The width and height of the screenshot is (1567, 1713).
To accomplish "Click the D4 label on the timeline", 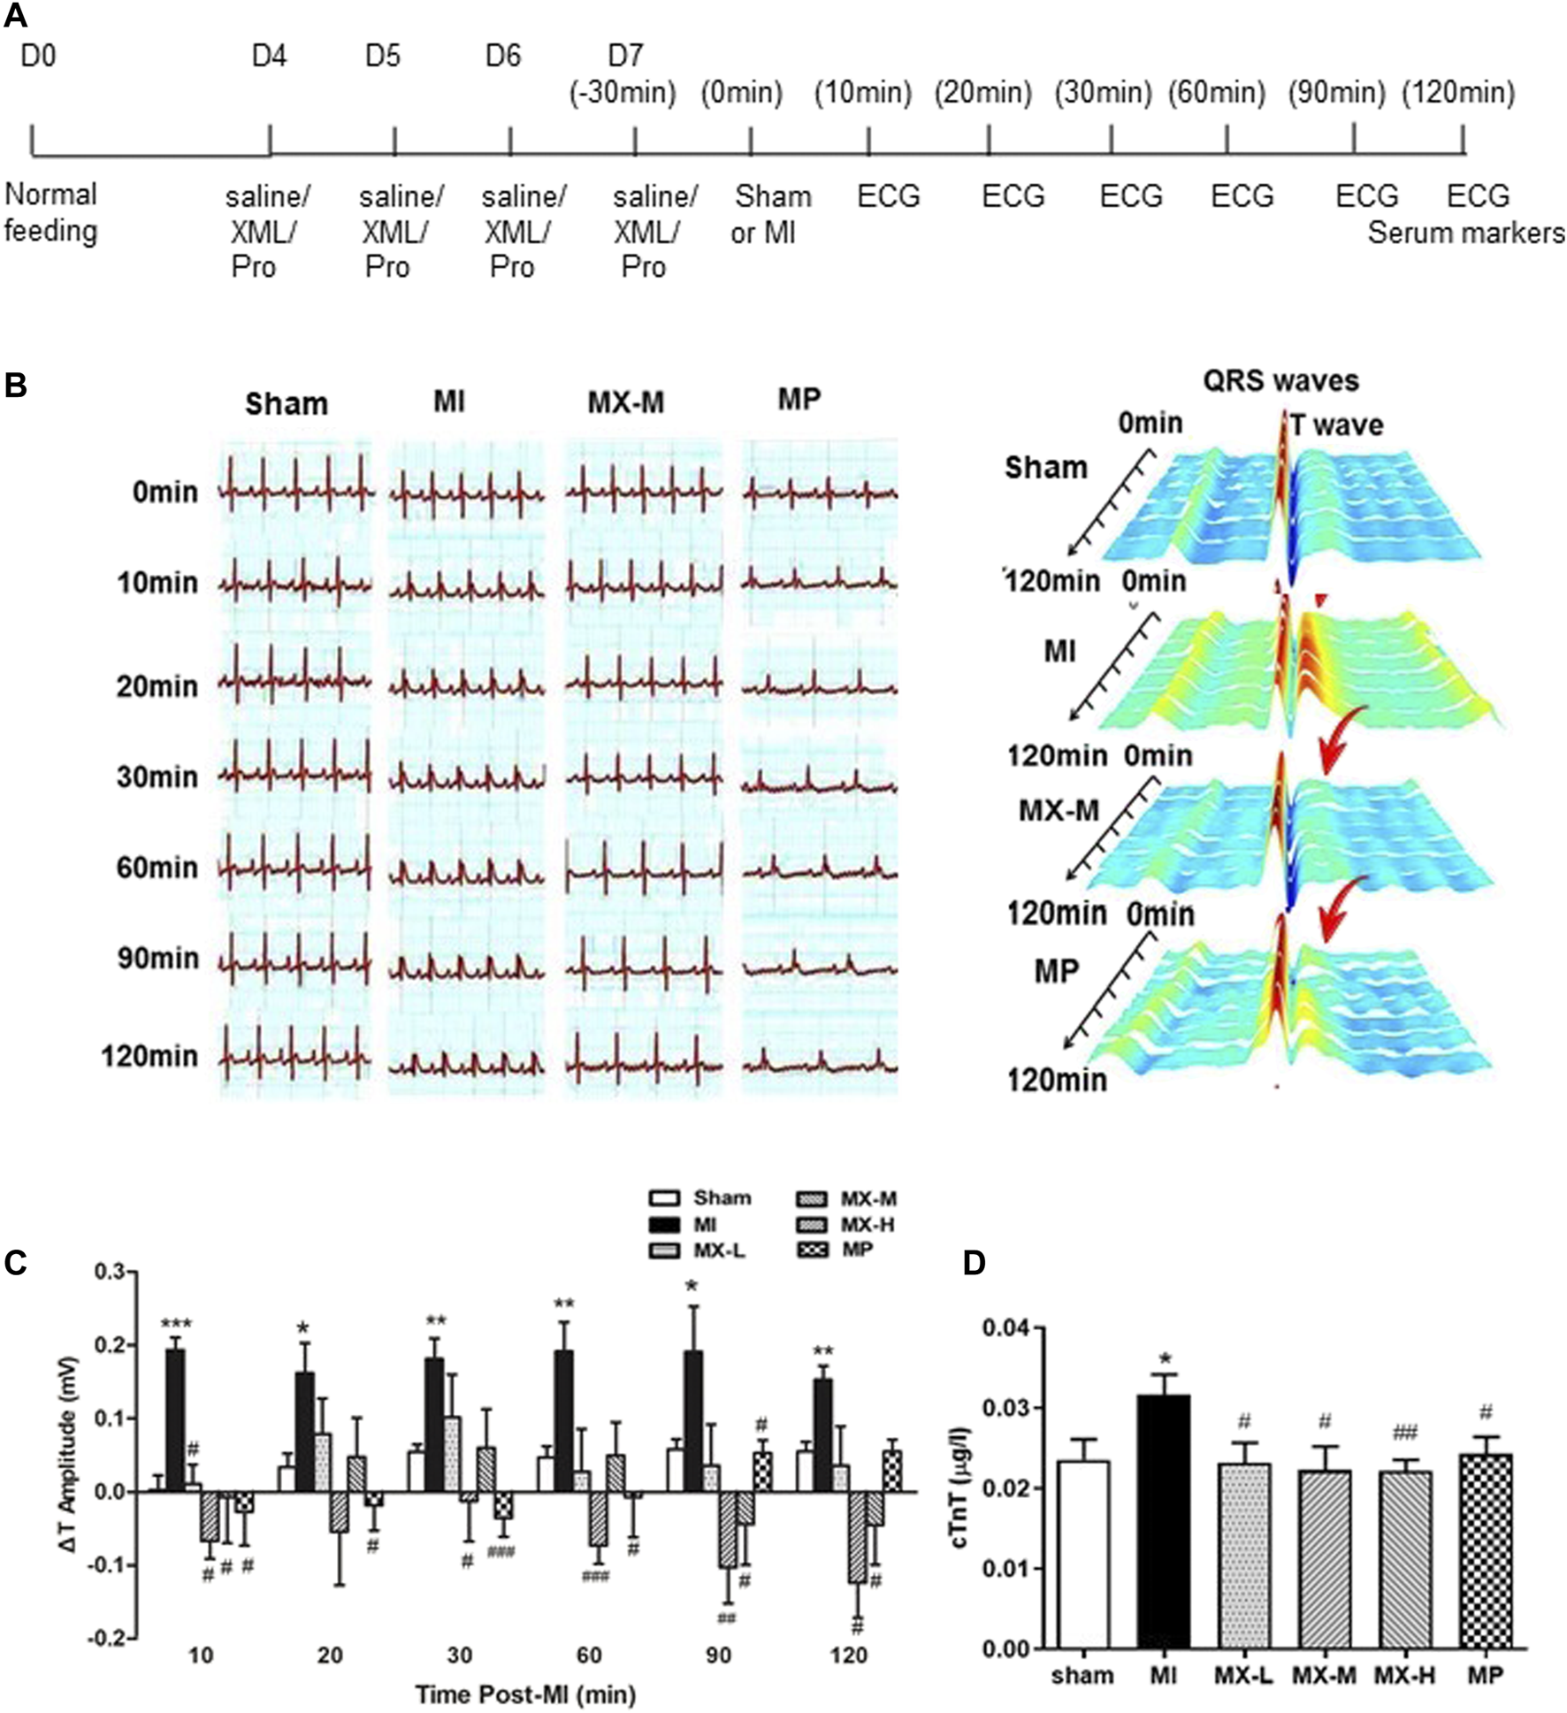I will pos(270,57).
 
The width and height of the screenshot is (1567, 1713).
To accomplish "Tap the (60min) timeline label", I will pos(1217,92).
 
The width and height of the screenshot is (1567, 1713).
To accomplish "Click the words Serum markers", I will pos(1465,233).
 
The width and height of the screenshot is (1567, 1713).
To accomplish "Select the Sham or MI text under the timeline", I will pos(770,215).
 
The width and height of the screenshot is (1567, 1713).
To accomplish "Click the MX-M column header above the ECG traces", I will pos(625,403).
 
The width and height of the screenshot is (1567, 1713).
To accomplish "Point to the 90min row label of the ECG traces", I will pos(157,959).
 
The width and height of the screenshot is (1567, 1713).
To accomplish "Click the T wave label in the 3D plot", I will pos(1336,425).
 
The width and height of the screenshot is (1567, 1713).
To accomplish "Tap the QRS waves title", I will pos(1280,381).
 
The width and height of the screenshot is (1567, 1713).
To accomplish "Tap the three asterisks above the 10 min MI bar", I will pos(176,1324).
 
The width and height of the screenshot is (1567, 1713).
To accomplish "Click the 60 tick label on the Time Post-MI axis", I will pos(589,1655).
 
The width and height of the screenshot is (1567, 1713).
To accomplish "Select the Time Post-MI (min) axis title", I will pos(525,1694).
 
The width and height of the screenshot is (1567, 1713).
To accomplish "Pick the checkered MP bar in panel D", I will pos(1485,1550).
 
